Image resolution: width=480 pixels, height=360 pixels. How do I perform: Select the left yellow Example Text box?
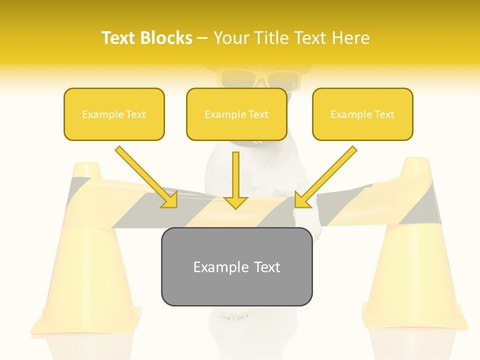[x=114, y=114]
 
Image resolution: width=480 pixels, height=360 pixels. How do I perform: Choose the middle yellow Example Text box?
[x=236, y=114]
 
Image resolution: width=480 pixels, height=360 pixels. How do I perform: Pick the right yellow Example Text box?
[x=362, y=114]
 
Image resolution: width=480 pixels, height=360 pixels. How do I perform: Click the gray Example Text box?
[x=236, y=266]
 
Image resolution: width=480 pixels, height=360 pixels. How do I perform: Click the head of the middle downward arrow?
[x=235, y=202]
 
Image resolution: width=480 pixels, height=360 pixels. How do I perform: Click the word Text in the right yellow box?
[x=384, y=114]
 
